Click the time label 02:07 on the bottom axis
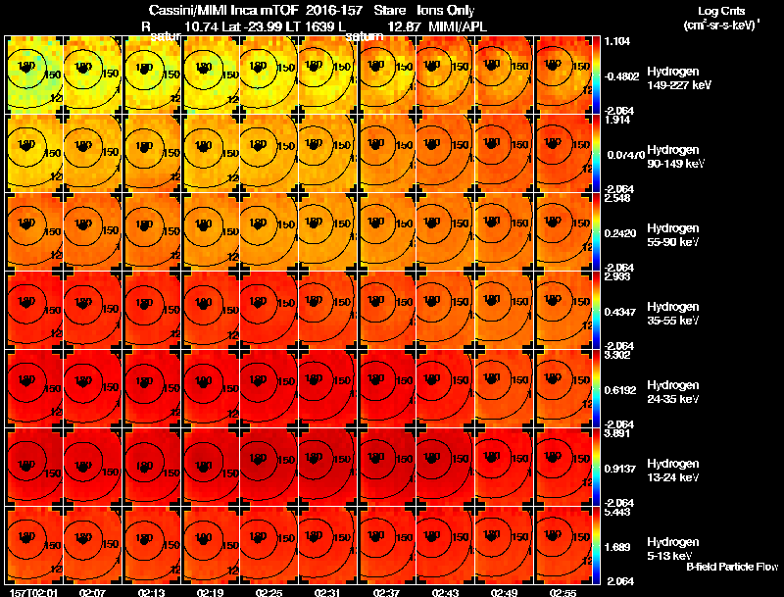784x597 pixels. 93,592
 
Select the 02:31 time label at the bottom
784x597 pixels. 327,592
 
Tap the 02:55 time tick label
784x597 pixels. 563,592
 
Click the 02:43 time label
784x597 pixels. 445,592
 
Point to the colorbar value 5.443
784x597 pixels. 619,512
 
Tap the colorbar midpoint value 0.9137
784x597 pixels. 622,469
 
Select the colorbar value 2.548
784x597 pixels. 619,198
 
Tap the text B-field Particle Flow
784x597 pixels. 731,567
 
